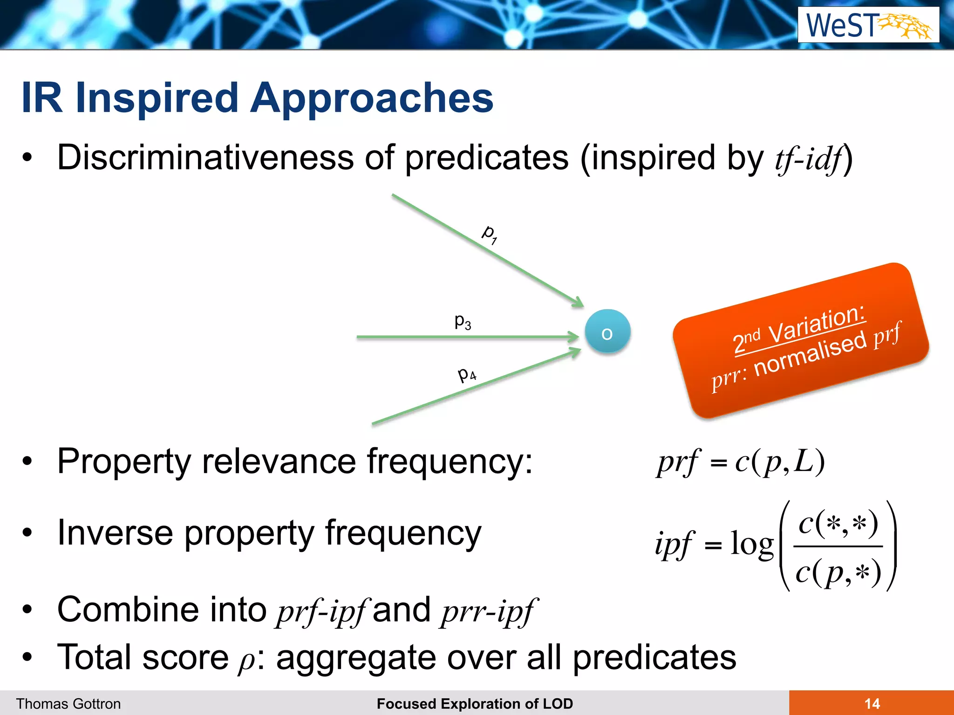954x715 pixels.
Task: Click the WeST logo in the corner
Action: point(868,26)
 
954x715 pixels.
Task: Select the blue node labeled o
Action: point(607,332)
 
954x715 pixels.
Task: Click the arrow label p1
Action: point(489,234)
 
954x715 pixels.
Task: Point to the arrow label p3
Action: point(463,321)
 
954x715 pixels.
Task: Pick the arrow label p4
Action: point(467,374)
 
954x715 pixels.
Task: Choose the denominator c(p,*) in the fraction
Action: point(838,573)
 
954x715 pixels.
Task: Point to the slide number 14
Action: point(872,703)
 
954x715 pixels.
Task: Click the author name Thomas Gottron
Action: point(68,703)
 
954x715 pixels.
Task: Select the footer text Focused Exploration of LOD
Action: point(475,703)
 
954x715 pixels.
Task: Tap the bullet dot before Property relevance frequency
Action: point(27,461)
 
